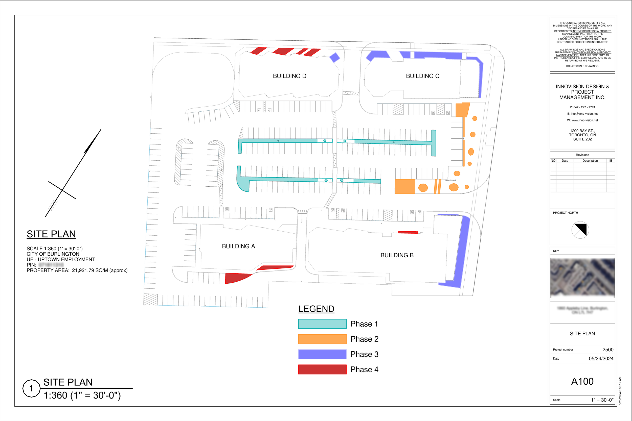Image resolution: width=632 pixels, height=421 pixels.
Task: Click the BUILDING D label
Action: [x=289, y=76]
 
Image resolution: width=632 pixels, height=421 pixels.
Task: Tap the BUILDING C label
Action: [x=422, y=76]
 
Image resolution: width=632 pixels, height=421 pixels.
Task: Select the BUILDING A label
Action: [x=238, y=246]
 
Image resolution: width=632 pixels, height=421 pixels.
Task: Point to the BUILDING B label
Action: [x=397, y=255]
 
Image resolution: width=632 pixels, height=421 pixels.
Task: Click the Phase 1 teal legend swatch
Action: [x=322, y=324]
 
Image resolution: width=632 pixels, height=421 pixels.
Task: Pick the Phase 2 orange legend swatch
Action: [x=322, y=339]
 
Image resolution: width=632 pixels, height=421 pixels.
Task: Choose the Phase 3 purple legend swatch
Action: [x=322, y=354]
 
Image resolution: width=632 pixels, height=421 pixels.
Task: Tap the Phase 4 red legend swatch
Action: [x=322, y=369]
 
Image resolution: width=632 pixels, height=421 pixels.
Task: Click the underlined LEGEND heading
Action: [x=316, y=309]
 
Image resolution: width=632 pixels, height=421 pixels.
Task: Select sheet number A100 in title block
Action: [x=582, y=381]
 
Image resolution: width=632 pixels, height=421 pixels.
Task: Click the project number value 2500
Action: [x=608, y=350]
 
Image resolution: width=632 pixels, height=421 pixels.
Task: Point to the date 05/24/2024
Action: [x=601, y=358]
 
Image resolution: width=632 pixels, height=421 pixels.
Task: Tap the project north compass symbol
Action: [x=580, y=230]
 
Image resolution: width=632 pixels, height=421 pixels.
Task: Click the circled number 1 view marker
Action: [x=31, y=388]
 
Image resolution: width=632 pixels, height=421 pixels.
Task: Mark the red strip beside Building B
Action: [x=408, y=232]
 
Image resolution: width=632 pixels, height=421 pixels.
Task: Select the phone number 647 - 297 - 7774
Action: [x=582, y=107]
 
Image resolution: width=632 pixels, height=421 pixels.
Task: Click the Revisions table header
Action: [x=582, y=155]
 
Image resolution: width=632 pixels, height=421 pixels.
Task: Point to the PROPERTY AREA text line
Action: [x=77, y=270]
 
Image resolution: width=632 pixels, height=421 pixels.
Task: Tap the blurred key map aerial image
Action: [x=582, y=277]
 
